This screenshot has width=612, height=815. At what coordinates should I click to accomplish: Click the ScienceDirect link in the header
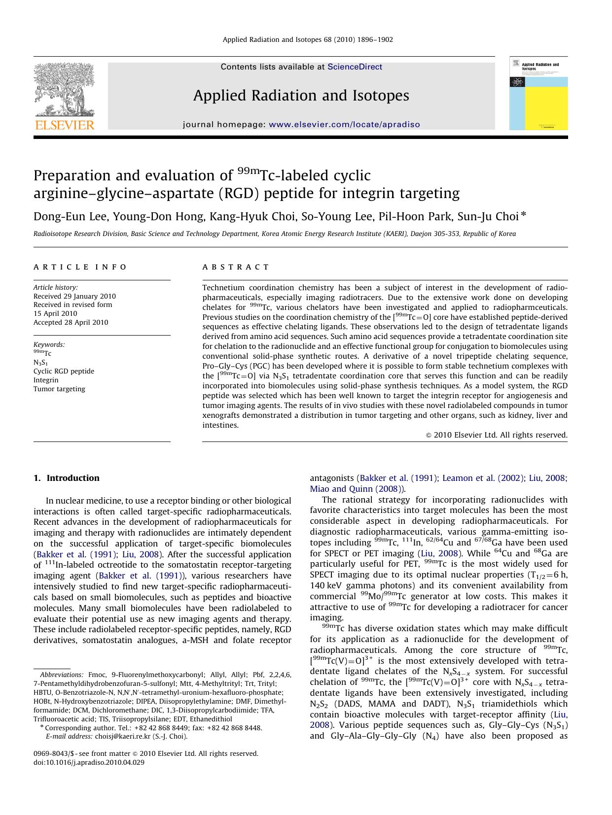click(355, 67)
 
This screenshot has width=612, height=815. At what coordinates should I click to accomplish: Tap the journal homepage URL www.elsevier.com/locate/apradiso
click(344, 125)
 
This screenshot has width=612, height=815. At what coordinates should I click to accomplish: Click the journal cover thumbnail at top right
click(538, 93)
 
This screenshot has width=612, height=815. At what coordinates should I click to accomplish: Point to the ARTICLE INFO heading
click(80, 267)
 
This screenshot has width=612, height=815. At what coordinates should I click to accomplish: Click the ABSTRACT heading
click(236, 267)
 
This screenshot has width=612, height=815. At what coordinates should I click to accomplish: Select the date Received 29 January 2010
click(74, 296)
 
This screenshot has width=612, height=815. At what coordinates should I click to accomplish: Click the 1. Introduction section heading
click(66, 478)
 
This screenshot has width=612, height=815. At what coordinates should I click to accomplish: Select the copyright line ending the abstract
click(496, 435)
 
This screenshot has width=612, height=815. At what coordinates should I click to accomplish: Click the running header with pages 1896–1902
click(308, 39)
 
